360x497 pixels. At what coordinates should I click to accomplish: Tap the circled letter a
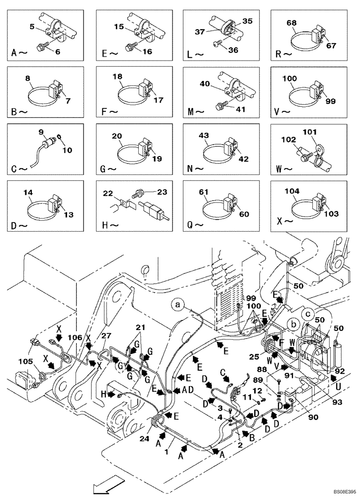(x=179, y=302)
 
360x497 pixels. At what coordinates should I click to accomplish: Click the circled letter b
(x=294, y=324)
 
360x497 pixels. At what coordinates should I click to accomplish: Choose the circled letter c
(x=308, y=314)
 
